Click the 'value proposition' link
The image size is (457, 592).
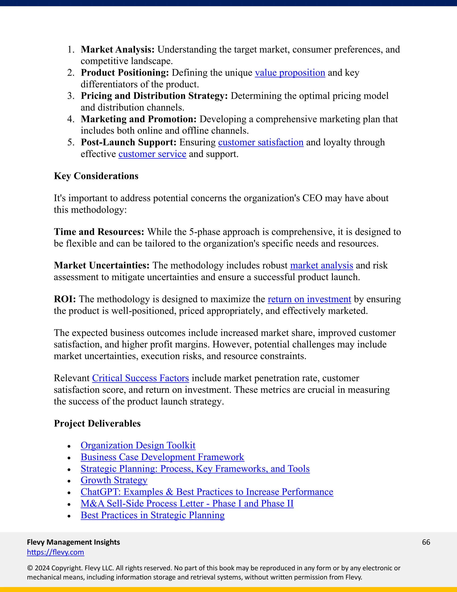[290, 73]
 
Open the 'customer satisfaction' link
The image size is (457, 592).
[260, 142]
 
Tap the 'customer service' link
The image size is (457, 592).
[152, 154]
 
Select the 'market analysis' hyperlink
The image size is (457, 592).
[321, 265]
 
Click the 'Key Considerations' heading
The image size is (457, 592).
[96, 176]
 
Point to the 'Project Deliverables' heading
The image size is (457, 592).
[97, 423]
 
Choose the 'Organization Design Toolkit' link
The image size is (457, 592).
[138, 445]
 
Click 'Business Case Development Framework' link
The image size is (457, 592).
[162, 457]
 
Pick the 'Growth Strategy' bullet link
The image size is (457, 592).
[114, 480]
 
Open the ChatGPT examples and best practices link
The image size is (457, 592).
[207, 492]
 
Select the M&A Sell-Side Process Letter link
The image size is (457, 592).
[187, 503]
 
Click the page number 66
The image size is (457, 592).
[426, 542]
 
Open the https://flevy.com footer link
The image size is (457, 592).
[56, 552]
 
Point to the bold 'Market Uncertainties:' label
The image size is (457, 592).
[102, 265]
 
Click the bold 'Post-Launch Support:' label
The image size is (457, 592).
[129, 142]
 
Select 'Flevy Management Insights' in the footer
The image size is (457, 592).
[73, 542]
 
